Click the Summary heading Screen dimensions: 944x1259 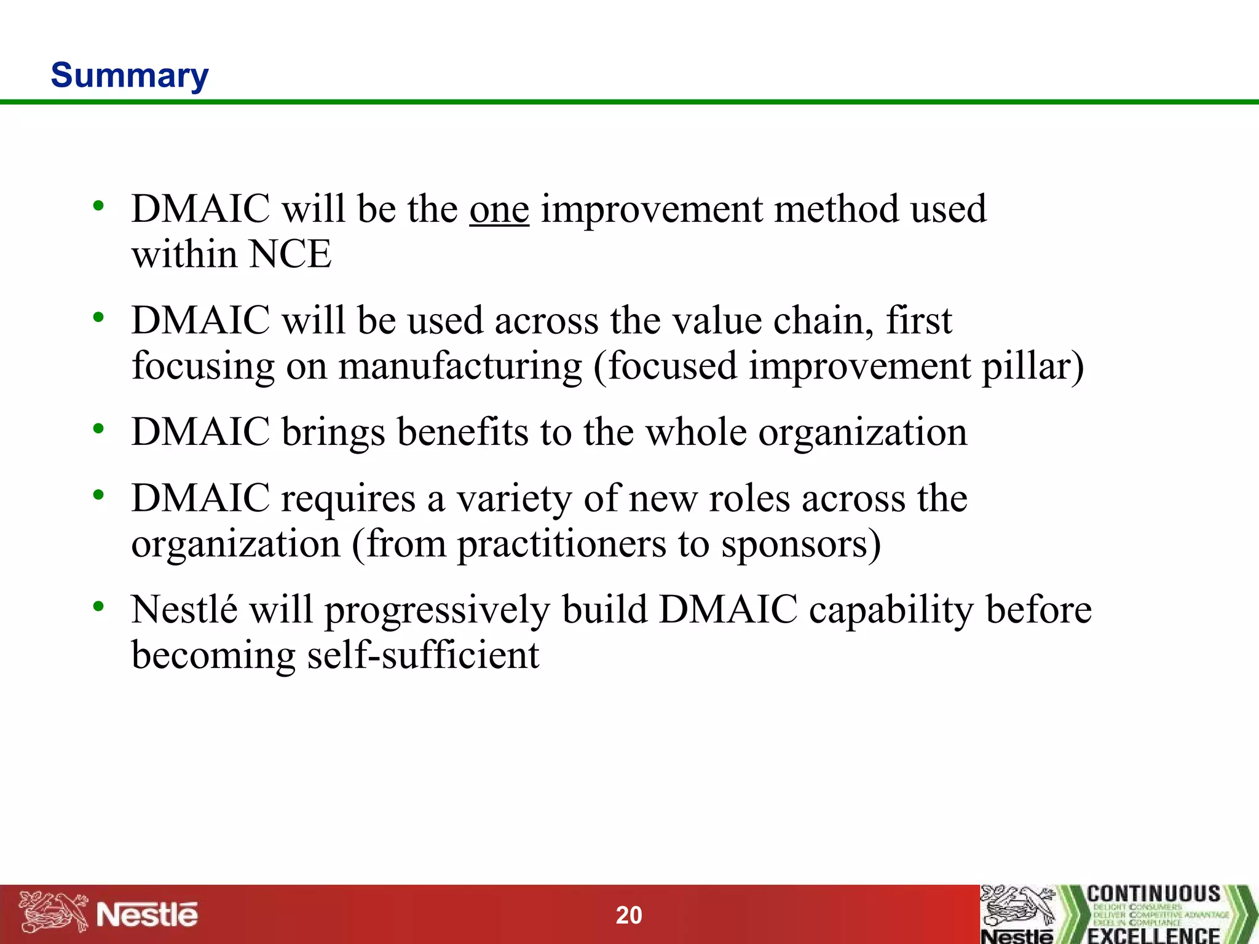[130, 76]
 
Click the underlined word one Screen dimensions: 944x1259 [499, 210]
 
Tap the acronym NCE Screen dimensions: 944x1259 [291, 254]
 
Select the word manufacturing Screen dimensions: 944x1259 [460, 366]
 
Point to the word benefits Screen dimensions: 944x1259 [462, 432]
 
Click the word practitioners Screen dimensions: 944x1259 [562, 545]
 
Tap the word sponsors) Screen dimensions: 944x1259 [801, 545]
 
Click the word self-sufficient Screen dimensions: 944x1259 [423, 655]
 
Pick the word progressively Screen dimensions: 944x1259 [437, 611]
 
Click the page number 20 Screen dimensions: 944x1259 [629, 915]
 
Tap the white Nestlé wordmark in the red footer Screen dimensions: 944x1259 [148, 914]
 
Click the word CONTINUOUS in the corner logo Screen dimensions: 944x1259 [1153, 894]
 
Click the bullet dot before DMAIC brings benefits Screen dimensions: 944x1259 [98, 429]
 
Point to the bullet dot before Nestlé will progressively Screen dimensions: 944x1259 [98, 607]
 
